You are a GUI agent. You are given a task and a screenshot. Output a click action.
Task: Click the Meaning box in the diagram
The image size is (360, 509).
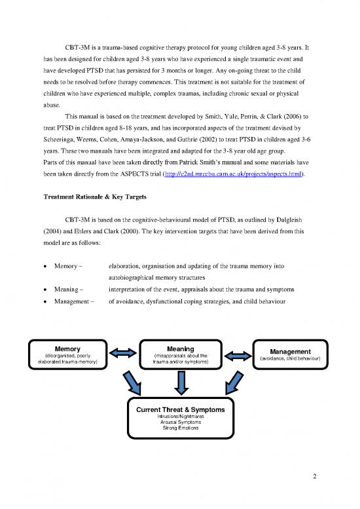click(x=180, y=354)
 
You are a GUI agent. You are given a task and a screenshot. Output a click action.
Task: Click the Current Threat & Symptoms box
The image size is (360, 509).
click(x=180, y=419)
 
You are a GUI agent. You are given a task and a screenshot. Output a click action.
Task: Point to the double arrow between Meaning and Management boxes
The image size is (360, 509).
click(x=238, y=354)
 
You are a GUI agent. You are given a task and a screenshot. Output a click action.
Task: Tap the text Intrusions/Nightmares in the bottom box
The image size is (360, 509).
click(x=180, y=416)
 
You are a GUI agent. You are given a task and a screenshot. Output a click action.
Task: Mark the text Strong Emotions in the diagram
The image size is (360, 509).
click(x=180, y=428)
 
